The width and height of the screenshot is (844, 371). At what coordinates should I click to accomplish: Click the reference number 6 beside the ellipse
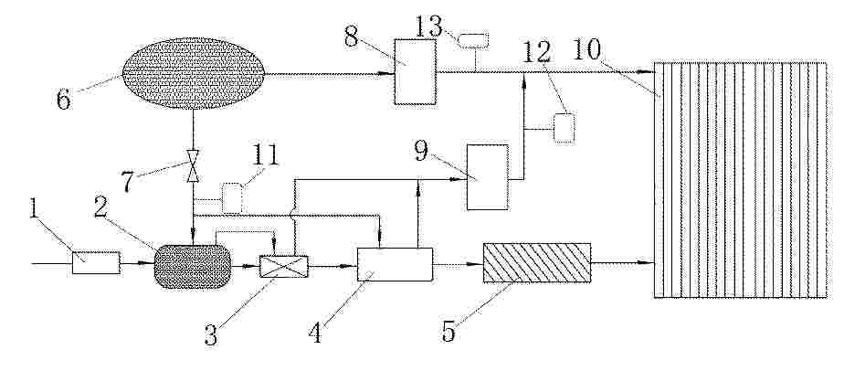pyautogui.click(x=64, y=99)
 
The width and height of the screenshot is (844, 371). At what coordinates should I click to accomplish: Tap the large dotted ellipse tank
pyautogui.click(x=194, y=73)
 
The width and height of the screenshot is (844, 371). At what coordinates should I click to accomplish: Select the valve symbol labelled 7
pyautogui.click(x=193, y=165)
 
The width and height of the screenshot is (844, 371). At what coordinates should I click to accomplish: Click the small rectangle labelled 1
pyautogui.click(x=96, y=263)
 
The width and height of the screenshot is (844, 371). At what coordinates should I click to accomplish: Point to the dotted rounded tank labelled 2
pyautogui.click(x=193, y=267)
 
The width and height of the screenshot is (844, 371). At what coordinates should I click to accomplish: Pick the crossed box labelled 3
pyautogui.click(x=284, y=267)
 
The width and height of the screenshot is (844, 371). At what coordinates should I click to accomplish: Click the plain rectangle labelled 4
pyautogui.click(x=396, y=264)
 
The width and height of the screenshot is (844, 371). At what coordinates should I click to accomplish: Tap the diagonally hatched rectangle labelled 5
pyautogui.click(x=537, y=263)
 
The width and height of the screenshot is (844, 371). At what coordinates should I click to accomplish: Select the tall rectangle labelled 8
pyautogui.click(x=415, y=71)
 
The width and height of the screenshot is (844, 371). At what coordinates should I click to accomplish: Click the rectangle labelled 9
pyautogui.click(x=487, y=177)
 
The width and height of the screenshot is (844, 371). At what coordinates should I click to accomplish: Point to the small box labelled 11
pyautogui.click(x=232, y=198)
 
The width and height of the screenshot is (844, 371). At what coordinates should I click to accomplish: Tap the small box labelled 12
pyautogui.click(x=564, y=128)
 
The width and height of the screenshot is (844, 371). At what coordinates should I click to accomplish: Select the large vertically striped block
pyautogui.click(x=740, y=180)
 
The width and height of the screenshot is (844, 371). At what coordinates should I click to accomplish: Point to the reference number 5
pyautogui.click(x=448, y=332)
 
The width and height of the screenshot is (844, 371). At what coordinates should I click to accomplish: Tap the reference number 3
pyautogui.click(x=211, y=335)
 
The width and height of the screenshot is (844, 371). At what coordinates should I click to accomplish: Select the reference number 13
pyautogui.click(x=429, y=26)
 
